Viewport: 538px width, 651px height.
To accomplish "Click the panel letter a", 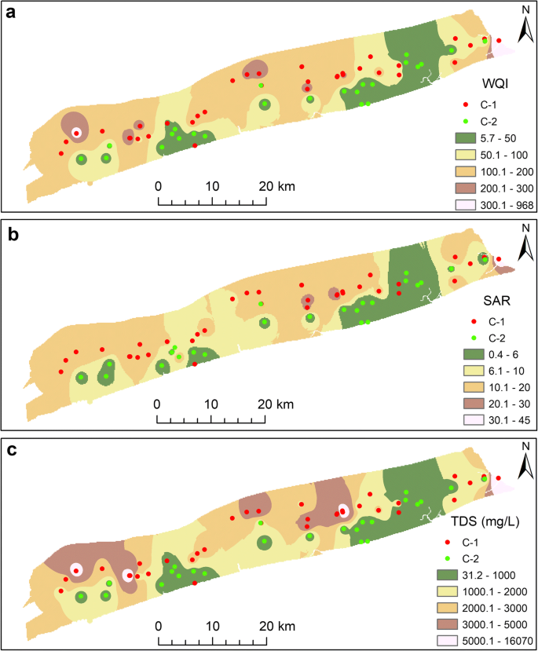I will click(13, 14).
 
